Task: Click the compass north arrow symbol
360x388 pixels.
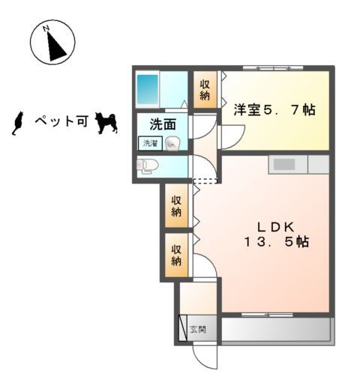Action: tap(51, 43)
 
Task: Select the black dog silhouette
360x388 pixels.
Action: tap(106, 123)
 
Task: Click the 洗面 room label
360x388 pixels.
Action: tap(162, 124)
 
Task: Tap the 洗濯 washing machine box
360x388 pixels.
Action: tap(148, 142)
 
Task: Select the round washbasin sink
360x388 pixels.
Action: tap(172, 144)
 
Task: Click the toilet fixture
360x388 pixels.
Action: tap(146, 166)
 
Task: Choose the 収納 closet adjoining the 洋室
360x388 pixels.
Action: tap(205, 90)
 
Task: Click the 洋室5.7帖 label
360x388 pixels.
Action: tap(273, 110)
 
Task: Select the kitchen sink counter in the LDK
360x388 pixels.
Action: tap(287, 164)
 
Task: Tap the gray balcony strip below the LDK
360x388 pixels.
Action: tap(276, 329)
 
